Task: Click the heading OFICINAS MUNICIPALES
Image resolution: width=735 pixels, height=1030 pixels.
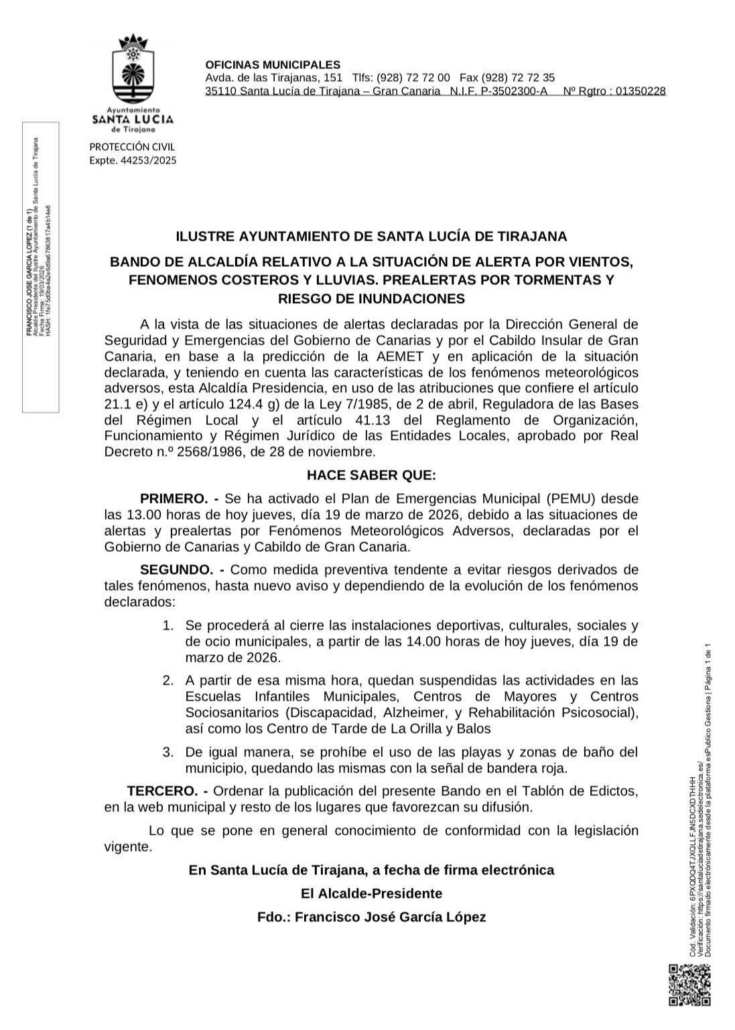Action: (273, 65)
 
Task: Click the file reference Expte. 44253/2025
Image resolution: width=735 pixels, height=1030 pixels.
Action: (133, 160)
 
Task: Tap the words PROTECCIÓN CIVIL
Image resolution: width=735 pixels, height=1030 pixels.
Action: (132, 147)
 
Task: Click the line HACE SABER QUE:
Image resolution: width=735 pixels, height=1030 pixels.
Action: (371, 475)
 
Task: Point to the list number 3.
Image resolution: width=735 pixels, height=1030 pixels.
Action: (168, 752)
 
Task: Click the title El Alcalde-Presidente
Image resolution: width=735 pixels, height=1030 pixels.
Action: (371, 894)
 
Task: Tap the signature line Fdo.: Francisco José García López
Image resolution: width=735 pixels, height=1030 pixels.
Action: (371, 917)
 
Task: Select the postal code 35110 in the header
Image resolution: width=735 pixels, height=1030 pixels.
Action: (220, 91)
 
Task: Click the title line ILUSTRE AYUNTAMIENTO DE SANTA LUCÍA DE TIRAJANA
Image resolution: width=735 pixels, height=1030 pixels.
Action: (371, 236)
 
